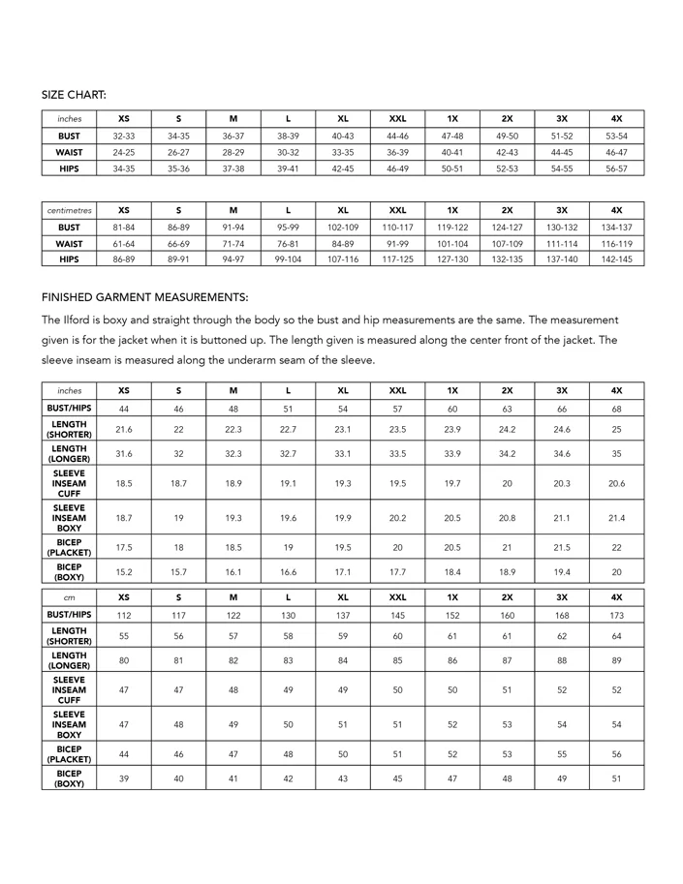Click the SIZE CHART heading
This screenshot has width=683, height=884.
tap(74, 94)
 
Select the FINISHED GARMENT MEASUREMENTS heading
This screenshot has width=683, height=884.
tap(144, 297)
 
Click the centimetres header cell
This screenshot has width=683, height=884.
tap(69, 210)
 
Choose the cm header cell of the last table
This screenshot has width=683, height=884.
tap(69, 597)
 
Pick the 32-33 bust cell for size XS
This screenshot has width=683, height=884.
tap(123, 137)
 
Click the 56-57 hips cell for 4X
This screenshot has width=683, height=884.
tap(616, 168)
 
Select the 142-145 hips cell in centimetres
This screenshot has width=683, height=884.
tap(616, 260)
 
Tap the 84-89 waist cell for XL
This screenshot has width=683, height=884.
tap(343, 244)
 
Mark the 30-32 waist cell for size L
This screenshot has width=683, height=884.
tap(288, 152)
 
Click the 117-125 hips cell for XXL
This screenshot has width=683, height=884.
tap(397, 260)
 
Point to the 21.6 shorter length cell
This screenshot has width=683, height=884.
tap(123, 429)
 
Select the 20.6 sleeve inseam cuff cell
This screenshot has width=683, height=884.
tap(616, 483)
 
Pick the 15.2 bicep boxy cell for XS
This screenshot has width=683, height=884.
tap(123, 572)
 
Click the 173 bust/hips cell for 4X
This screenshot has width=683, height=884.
tap(616, 614)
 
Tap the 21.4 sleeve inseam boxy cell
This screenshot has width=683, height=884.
tap(616, 518)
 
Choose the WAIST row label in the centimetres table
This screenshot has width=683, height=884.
tap(69, 244)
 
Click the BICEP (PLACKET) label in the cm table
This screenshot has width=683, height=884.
tap(69, 753)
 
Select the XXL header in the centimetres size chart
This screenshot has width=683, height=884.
tap(397, 210)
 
